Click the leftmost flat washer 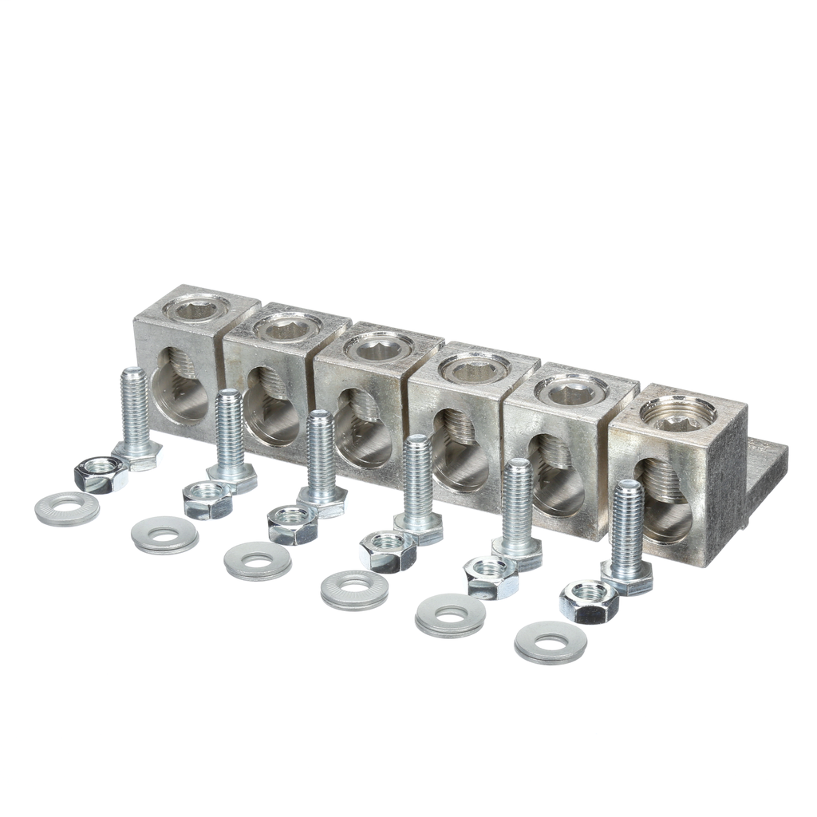point(67,509)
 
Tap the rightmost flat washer point(551,641)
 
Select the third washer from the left point(257,560)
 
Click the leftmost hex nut point(101,475)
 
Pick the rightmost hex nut point(589,602)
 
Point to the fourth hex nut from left point(388,551)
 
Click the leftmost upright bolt point(136,415)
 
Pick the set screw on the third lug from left point(378,346)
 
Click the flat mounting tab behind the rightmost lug point(766,479)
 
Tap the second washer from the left point(164,535)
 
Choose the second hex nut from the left point(207,500)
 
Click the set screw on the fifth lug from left point(571,390)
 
